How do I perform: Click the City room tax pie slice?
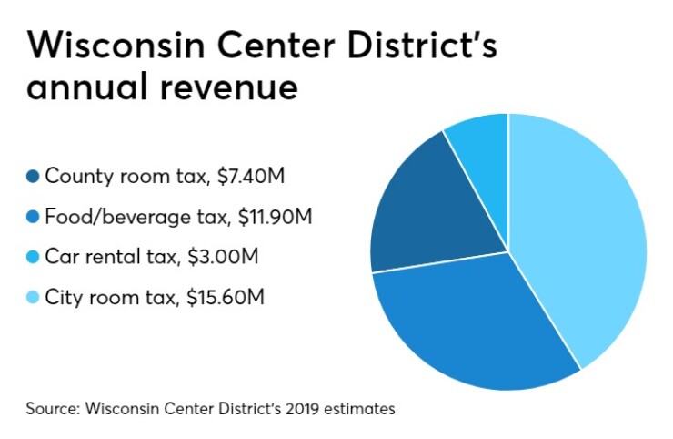(x=582, y=237)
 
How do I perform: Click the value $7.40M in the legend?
(x=251, y=176)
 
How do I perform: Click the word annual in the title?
(x=78, y=89)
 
